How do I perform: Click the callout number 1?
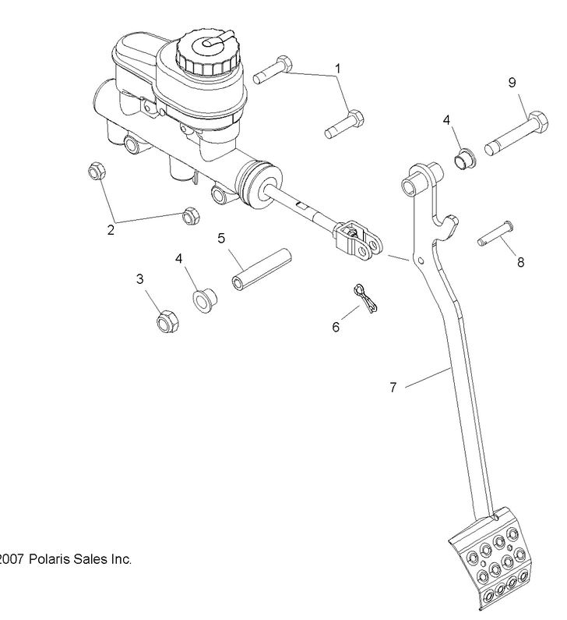pyautogui.click(x=338, y=69)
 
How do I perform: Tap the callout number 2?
pyautogui.click(x=111, y=229)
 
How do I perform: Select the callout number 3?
pyautogui.click(x=140, y=278)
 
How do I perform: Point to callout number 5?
pyautogui.click(x=221, y=238)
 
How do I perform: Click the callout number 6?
pyautogui.click(x=336, y=328)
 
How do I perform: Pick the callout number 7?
pyautogui.click(x=393, y=387)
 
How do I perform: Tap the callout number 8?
pyautogui.click(x=520, y=262)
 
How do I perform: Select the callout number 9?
pyautogui.click(x=512, y=82)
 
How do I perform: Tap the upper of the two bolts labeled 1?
pyautogui.click(x=273, y=70)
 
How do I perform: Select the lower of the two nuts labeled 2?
pyautogui.click(x=189, y=215)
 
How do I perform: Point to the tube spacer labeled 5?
pyautogui.click(x=260, y=268)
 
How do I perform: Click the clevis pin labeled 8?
pyautogui.click(x=493, y=236)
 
